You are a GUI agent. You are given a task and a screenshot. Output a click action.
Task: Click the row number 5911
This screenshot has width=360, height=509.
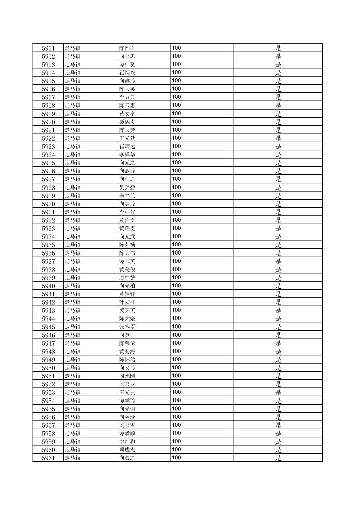tap(48, 48)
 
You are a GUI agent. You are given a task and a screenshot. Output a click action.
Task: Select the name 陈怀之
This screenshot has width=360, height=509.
tap(127, 48)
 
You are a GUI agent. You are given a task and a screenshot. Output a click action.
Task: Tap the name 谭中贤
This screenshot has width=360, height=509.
tap(127, 65)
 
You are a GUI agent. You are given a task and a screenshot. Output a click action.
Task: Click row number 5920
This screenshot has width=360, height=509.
tap(48, 122)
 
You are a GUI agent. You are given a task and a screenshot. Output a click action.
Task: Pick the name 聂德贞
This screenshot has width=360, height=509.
tap(127, 122)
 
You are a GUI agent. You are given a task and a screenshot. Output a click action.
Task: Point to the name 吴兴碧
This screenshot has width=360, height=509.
tap(127, 188)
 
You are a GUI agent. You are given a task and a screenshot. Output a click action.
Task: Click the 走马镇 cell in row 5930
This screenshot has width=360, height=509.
tap(73, 204)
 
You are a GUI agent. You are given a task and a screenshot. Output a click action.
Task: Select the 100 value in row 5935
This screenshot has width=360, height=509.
tap(176, 245)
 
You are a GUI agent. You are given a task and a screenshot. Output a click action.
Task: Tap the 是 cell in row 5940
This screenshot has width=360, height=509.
tap(278, 286)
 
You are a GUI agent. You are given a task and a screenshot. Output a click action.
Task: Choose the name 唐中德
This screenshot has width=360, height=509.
tap(127, 278)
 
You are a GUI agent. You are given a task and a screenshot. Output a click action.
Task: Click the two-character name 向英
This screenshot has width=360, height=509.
tap(124, 335)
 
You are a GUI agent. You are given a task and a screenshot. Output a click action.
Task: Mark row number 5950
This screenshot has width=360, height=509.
tap(48, 368)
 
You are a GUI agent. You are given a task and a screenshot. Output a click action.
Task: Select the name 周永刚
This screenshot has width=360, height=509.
tap(127, 376)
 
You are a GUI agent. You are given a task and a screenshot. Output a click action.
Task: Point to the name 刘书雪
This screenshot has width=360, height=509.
tap(127, 425)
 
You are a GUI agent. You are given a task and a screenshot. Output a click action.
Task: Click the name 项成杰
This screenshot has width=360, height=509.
tap(127, 450)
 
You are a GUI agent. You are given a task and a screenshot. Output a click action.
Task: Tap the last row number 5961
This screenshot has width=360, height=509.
tap(48, 458)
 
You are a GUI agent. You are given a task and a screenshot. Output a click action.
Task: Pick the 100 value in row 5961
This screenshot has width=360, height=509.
tap(176, 458)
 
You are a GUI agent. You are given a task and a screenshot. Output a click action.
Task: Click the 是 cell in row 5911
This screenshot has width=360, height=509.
tap(278, 48)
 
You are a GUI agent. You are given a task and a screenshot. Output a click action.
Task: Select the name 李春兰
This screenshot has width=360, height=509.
tap(127, 196)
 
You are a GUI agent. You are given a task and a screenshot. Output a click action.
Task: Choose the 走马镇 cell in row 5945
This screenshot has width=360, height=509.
tap(73, 327)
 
